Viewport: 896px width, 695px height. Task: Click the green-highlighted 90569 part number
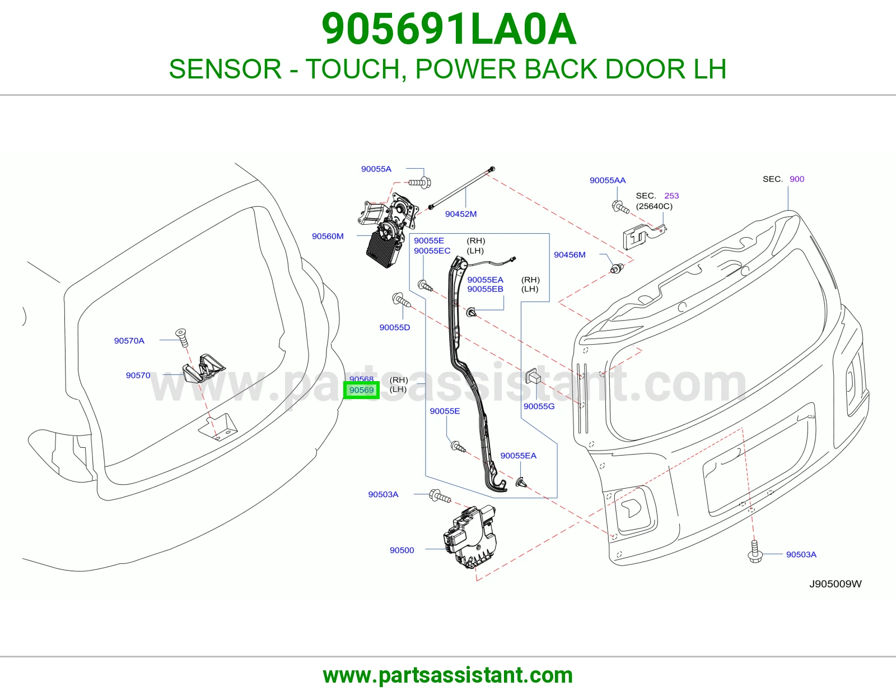361,390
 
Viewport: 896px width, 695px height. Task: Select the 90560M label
328,236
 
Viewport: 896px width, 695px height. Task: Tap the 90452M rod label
460,214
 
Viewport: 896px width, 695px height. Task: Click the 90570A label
129,340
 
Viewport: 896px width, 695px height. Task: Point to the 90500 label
402,550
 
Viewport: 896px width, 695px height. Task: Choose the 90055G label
539,406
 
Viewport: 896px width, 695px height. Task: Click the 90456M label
570,254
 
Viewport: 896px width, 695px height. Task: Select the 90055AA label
608,180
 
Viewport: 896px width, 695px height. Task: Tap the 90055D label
395,327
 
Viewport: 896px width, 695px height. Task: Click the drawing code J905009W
836,584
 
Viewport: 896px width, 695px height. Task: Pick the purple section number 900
797,179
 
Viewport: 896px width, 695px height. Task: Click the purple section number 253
671,196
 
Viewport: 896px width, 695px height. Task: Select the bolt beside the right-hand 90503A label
755,552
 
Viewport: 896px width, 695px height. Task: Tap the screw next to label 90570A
181,338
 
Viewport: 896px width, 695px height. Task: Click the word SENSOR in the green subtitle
225,69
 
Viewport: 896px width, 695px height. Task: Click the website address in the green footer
448,675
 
